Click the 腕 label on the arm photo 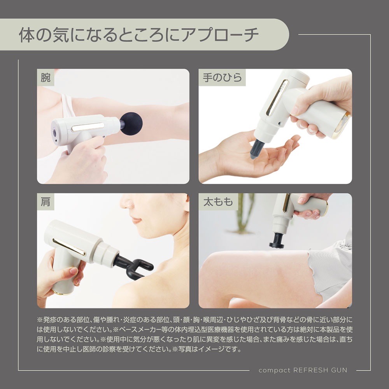click(x=46, y=78)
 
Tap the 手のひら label click(x=222, y=78)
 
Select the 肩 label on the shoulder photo click(x=46, y=202)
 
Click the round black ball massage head click(x=131, y=123)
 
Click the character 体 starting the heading click(x=27, y=35)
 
